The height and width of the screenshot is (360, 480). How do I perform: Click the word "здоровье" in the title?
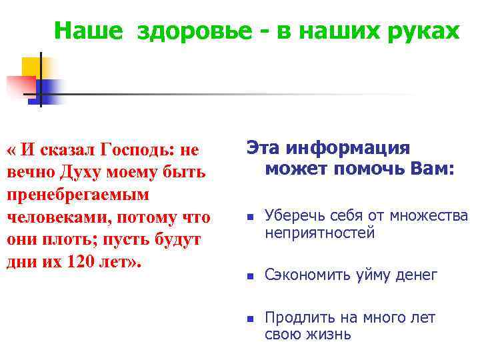pos(189,31)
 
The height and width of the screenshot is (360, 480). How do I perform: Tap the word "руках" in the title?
pos(422,31)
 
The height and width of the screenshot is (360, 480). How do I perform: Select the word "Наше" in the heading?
pos(89,31)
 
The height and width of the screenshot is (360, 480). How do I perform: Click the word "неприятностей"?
pos(319,233)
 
